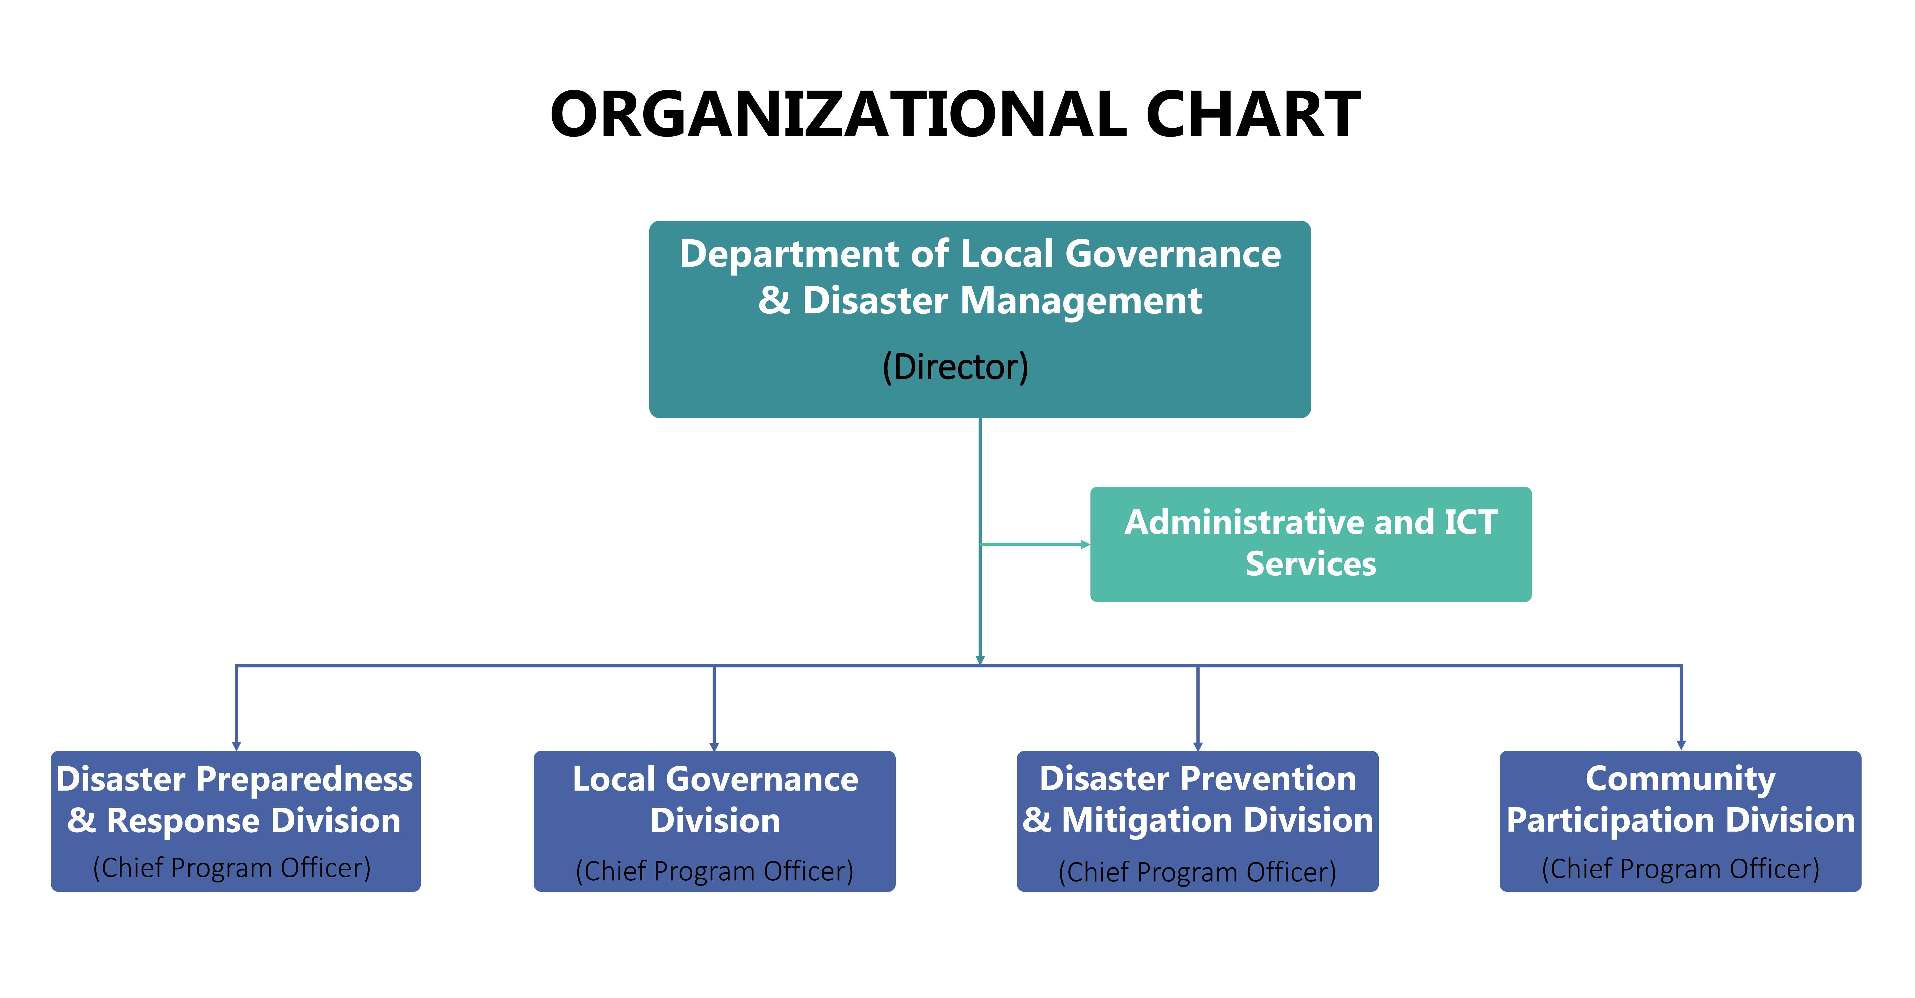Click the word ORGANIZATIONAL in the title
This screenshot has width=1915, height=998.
(839, 114)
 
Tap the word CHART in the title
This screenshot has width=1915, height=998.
(1253, 114)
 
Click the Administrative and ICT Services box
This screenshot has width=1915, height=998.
(1311, 544)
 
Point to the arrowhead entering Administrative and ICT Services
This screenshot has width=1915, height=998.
(1085, 545)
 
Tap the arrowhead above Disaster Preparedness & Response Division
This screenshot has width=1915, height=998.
(236, 745)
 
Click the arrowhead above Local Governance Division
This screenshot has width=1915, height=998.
(714, 745)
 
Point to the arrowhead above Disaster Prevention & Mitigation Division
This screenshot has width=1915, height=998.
(1198, 745)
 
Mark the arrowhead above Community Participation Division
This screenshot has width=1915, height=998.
(1681, 745)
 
